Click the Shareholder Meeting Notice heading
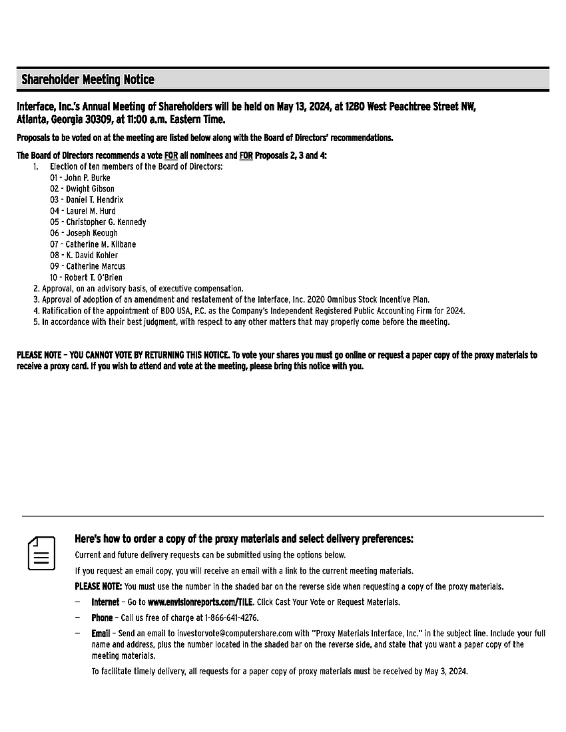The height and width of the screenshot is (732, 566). tap(87, 80)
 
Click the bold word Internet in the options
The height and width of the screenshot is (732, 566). tap(105, 602)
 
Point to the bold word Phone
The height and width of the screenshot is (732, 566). tap(102, 618)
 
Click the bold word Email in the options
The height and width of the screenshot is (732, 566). tap(101, 634)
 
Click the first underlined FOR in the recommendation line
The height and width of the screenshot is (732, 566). tap(171, 156)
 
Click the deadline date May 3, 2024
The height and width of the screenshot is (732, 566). tap(445, 671)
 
